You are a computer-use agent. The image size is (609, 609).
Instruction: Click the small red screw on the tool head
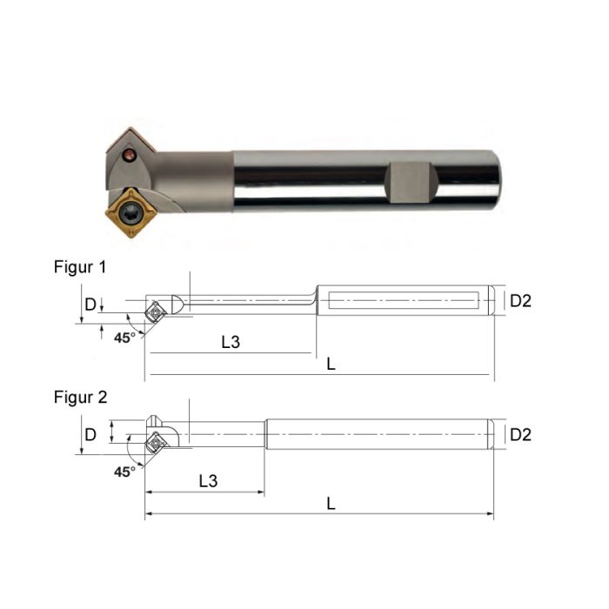point(129,157)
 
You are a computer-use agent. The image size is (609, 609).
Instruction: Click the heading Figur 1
point(80,268)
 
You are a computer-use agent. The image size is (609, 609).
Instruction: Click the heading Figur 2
point(80,398)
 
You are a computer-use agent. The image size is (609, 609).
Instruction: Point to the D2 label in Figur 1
point(520,301)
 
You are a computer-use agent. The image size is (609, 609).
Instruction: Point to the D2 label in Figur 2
point(520,434)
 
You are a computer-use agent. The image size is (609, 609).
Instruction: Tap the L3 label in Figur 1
point(230,342)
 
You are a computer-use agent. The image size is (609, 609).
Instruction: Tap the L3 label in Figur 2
point(208,480)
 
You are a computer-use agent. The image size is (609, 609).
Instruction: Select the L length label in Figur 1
point(331,365)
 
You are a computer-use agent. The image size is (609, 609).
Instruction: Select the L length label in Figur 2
point(331,503)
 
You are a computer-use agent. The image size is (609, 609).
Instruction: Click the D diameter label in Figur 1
point(90,304)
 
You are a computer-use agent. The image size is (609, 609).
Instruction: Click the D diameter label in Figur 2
point(90,434)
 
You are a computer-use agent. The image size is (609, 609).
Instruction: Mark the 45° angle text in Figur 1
point(125,337)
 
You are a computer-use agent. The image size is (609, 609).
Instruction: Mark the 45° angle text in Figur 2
point(125,471)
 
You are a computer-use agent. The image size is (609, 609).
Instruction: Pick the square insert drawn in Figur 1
point(156,310)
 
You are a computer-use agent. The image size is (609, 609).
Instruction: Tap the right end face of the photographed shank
point(497,180)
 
